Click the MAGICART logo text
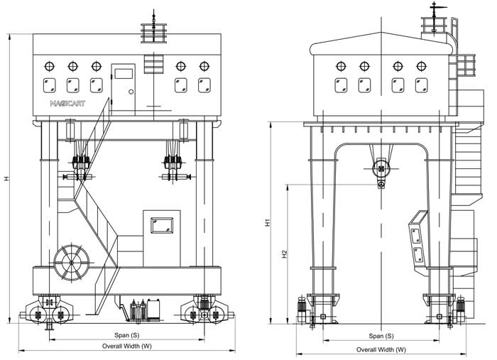(67, 103)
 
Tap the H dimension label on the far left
(6, 179)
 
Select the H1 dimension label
(268, 222)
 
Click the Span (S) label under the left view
(127, 335)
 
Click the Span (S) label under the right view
(381, 336)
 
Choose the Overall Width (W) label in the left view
(127, 346)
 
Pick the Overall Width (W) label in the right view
(381, 349)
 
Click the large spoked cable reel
(72, 263)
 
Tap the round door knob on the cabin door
(131, 92)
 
